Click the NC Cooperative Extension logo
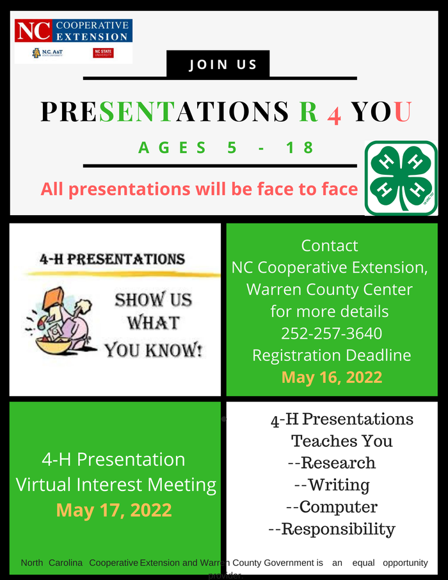[x=73, y=30]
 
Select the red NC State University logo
[x=102, y=53]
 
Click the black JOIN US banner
[x=218, y=64]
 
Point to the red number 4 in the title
[x=334, y=113]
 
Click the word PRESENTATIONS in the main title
[x=164, y=111]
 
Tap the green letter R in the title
[x=308, y=111]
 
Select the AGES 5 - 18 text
[x=227, y=148]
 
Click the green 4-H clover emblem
[x=401, y=178]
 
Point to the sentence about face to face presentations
[x=199, y=189]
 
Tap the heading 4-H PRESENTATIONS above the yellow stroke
[x=112, y=259]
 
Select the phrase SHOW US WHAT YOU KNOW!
[x=153, y=324]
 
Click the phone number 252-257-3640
[x=331, y=334]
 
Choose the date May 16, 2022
[x=331, y=377]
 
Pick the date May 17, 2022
[x=114, y=510]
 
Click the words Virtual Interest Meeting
[x=116, y=485]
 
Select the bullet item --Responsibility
[x=332, y=529]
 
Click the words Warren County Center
[x=330, y=289]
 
